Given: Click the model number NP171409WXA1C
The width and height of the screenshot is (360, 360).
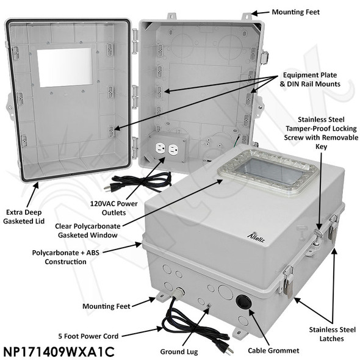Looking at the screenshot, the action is pos(59,351).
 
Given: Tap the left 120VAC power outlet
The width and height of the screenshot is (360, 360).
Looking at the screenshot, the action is pos(160,148).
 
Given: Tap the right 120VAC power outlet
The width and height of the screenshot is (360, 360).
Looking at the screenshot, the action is pos(173,149).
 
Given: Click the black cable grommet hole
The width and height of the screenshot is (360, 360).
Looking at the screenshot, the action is pos(244,302).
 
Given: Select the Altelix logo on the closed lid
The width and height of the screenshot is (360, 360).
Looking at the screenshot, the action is pos(257,237).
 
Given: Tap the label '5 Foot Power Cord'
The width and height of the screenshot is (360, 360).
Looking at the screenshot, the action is pos(88,336).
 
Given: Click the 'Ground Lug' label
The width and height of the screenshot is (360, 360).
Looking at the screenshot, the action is pos(179,351).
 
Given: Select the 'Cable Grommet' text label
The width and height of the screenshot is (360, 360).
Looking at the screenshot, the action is pos(273,351).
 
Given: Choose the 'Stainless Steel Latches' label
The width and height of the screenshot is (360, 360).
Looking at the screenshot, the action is pos(332,334).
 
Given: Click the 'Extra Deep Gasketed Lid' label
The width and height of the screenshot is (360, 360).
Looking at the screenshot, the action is pos(24,217).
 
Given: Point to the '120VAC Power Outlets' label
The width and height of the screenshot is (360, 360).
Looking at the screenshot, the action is pos(113,208).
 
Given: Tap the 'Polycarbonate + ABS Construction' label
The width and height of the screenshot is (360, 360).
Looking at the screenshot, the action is pos(66,257).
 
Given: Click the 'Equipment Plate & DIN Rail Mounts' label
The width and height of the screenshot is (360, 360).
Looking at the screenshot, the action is pos(310,79).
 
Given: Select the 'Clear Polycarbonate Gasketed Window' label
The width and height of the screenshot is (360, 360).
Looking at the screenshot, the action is pos(88,231).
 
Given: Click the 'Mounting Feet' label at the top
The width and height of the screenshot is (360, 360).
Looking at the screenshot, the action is pos(296,12).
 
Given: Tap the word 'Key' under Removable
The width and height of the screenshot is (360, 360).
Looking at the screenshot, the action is pos(321,146).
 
